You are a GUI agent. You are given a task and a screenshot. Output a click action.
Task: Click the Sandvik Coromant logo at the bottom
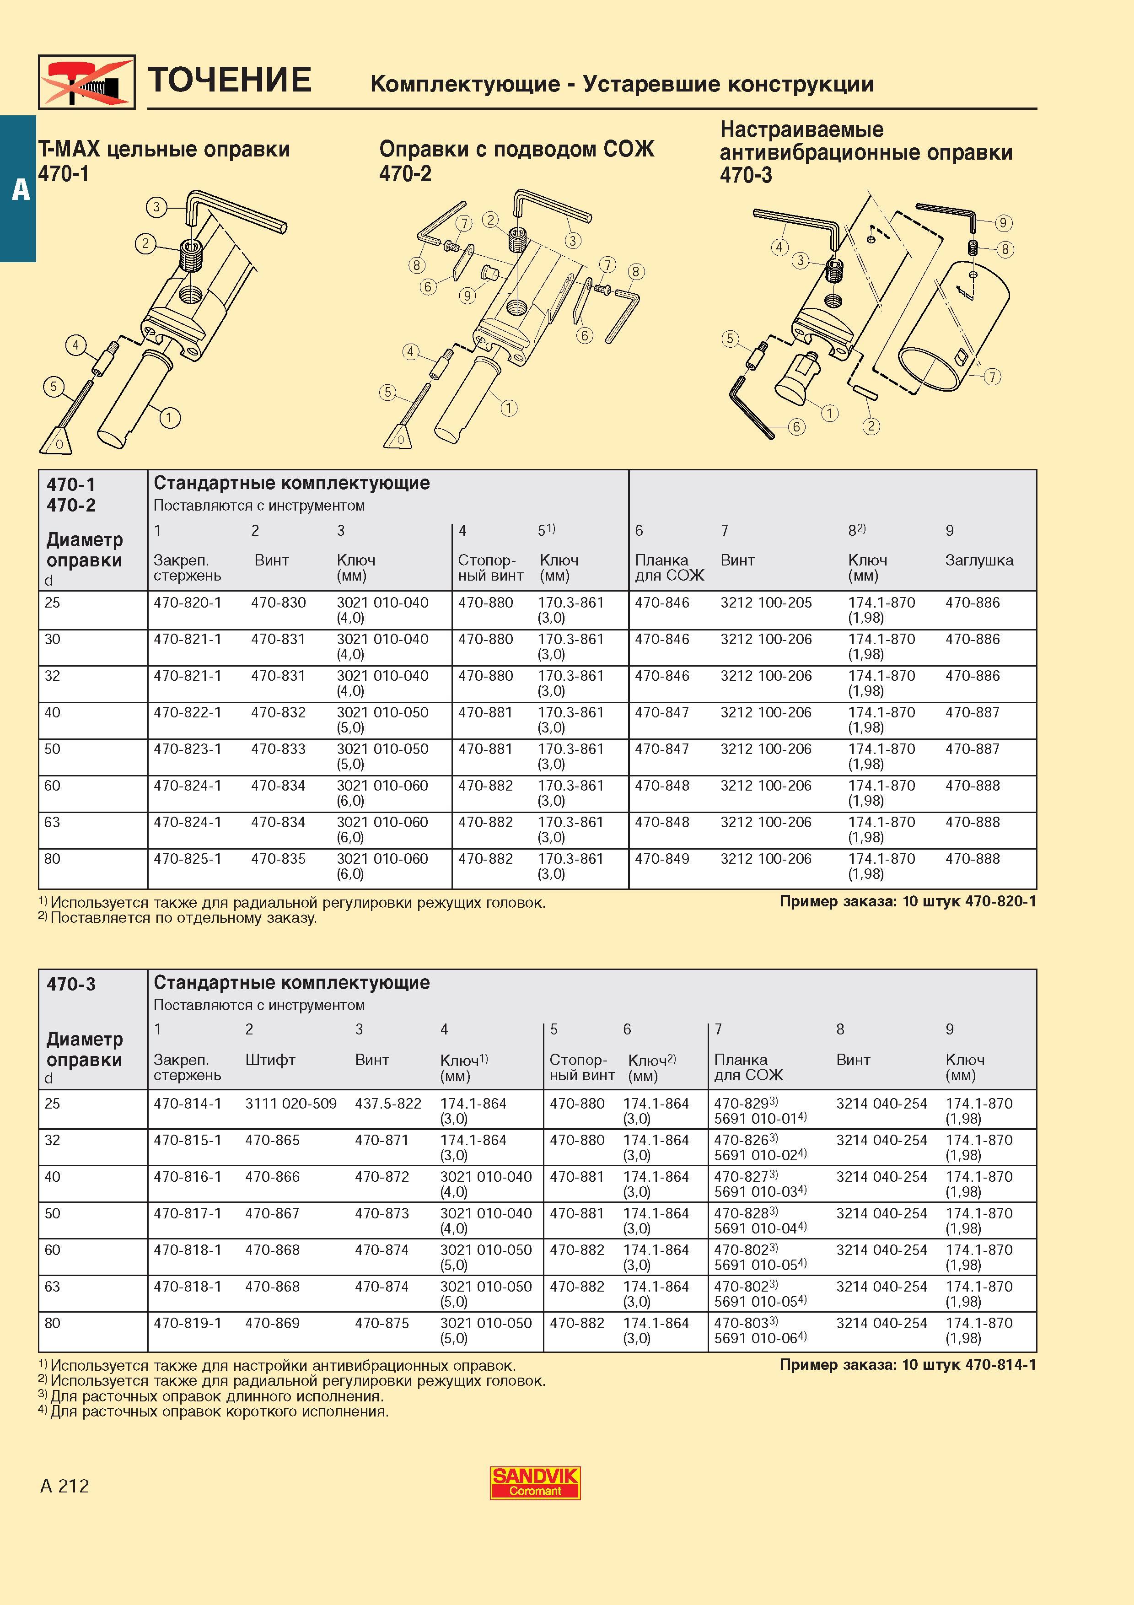click(x=534, y=1483)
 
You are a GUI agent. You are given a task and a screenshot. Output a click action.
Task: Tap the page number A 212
click(x=65, y=1486)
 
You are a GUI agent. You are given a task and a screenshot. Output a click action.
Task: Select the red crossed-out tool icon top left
click(x=86, y=82)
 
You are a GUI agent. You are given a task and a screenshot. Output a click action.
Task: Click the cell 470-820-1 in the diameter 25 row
click(x=187, y=603)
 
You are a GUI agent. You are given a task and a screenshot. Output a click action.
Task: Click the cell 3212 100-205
click(x=766, y=603)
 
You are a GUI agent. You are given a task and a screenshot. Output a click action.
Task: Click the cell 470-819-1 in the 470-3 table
click(x=187, y=1323)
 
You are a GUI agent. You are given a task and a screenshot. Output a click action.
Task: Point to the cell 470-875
click(x=382, y=1323)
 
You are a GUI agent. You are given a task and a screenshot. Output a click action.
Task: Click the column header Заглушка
click(x=979, y=560)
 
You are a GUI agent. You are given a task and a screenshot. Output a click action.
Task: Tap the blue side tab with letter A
click(x=18, y=189)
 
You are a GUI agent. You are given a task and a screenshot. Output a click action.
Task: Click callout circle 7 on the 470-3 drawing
click(x=991, y=377)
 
